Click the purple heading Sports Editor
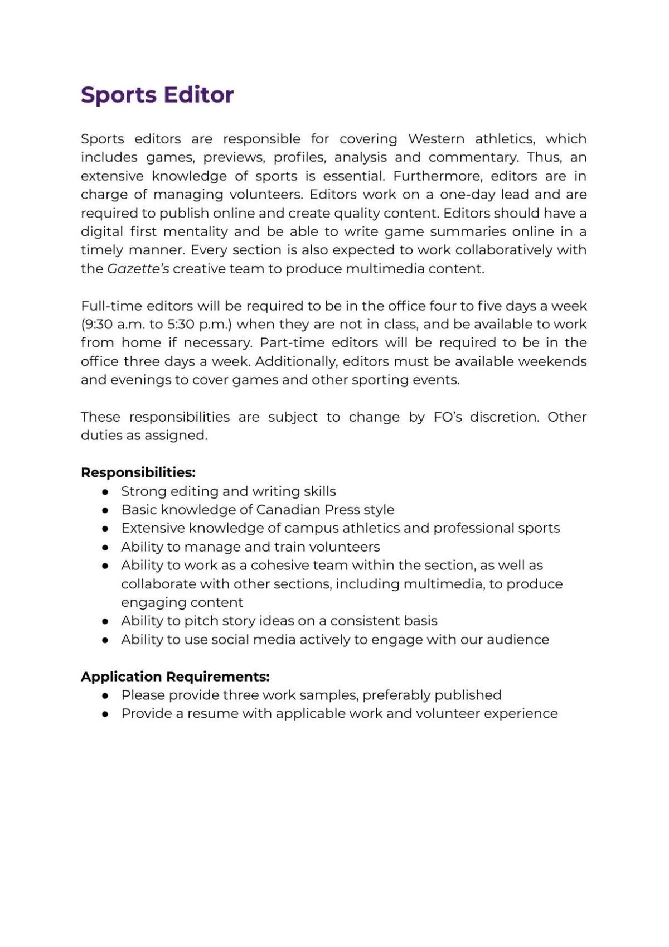pyautogui.click(x=157, y=95)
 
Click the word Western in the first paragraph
pyautogui.click(x=436, y=139)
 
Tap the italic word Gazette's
pyautogui.click(x=138, y=269)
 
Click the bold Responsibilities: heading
pyautogui.click(x=138, y=472)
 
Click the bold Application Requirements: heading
pyautogui.click(x=175, y=677)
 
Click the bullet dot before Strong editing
pyautogui.click(x=105, y=492)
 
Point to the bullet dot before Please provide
pyautogui.click(x=105, y=695)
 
